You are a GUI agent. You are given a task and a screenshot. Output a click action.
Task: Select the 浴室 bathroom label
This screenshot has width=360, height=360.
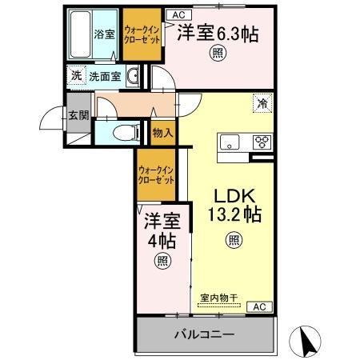pyautogui.click(x=104, y=34)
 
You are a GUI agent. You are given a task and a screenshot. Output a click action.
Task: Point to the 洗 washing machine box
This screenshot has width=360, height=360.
pyautogui.click(x=75, y=76)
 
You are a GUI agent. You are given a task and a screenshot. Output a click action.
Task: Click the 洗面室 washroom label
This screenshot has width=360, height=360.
pyautogui.click(x=104, y=77)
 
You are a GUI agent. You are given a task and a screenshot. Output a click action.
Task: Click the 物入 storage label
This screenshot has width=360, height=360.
pyautogui.click(x=162, y=133)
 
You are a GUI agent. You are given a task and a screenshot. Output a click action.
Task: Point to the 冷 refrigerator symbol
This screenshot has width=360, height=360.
pyautogui.click(x=262, y=102)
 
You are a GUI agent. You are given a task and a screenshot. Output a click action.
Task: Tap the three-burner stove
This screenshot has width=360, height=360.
pyautogui.click(x=262, y=142)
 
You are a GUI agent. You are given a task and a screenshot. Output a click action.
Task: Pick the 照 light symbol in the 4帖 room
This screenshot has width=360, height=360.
pyautogui.click(x=162, y=260)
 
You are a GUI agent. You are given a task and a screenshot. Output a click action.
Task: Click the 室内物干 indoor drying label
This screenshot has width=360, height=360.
pyautogui.click(x=218, y=297)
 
